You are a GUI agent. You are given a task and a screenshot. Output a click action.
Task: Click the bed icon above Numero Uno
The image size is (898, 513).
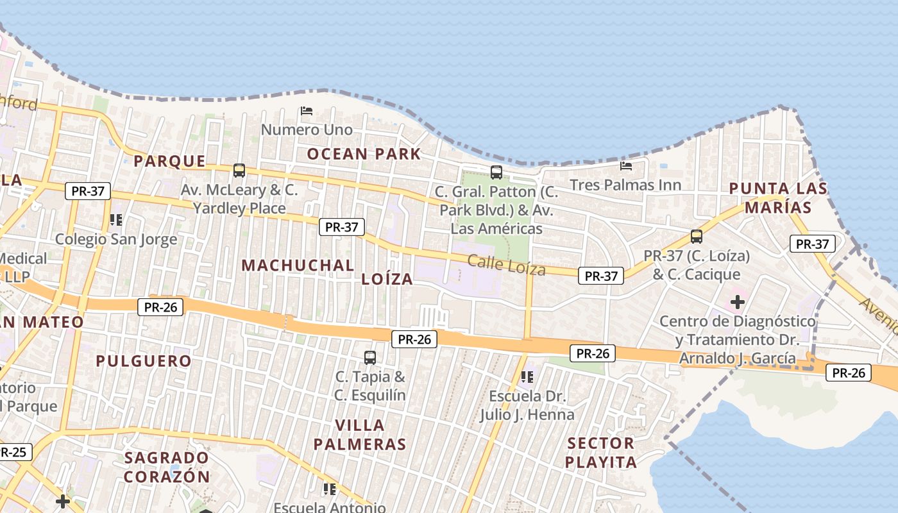click(x=307, y=111)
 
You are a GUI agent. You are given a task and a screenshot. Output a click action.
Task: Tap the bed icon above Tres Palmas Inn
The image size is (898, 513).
click(x=626, y=166)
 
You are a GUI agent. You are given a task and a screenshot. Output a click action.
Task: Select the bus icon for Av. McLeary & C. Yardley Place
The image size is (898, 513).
click(x=239, y=171)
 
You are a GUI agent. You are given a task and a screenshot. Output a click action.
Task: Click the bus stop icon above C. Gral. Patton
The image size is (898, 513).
click(x=496, y=172)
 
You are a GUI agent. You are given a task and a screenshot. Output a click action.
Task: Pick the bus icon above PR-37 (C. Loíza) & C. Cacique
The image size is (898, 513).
click(x=697, y=237)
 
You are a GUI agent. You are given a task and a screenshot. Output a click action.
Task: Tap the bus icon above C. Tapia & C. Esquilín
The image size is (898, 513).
click(x=370, y=358)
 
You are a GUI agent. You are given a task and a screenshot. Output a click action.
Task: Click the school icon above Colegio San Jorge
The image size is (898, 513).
click(x=116, y=220)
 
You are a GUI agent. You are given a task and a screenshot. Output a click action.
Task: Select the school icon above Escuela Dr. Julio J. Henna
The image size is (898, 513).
click(x=527, y=377)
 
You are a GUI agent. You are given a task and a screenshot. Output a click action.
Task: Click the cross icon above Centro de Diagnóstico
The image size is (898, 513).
click(x=738, y=301)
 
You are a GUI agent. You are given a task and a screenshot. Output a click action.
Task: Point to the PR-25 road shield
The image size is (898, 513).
click(x=13, y=452)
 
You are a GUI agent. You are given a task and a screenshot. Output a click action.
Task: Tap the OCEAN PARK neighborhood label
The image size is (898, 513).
click(x=364, y=154)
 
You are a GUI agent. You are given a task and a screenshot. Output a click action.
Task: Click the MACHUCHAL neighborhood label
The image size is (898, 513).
click(x=298, y=265)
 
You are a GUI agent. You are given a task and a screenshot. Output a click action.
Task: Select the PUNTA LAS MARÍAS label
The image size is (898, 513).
click(x=778, y=198)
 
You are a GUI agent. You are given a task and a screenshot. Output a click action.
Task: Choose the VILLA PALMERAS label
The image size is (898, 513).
click(x=360, y=434)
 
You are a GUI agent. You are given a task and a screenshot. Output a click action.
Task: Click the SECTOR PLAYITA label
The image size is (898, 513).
click(x=601, y=452)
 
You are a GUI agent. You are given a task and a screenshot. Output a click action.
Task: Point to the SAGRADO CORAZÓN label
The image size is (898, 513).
click(x=167, y=467)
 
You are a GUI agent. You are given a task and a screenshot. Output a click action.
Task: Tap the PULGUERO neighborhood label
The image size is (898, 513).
click(x=144, y=361)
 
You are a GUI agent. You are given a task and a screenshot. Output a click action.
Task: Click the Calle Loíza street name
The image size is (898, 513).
click(x=507, y=264)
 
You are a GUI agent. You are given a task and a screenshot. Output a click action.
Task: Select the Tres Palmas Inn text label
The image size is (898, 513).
click(x=625, y=185)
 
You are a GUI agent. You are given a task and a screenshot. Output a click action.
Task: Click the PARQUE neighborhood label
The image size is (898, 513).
click(x=169, y=161)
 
